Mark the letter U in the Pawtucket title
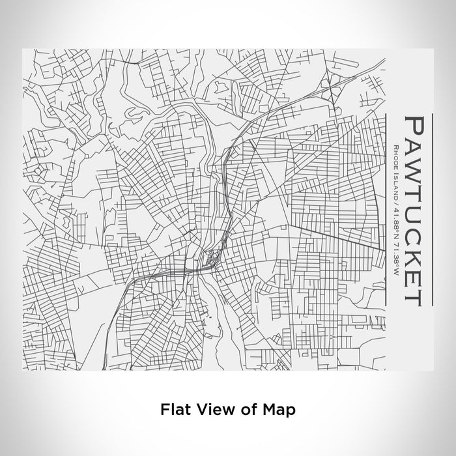click(x=418, y=212)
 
